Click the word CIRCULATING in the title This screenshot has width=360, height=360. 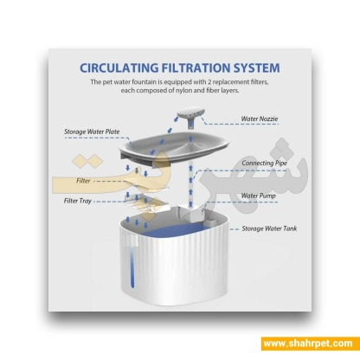point(119,68)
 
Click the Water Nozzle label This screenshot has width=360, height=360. point(260,119)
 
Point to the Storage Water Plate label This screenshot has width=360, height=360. point(92,132)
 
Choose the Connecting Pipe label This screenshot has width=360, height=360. point(264,163)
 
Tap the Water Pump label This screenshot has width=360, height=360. point(258,196)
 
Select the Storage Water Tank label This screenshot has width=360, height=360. point(269,228)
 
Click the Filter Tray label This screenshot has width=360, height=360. point(78,201)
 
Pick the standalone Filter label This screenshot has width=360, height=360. point(83,181)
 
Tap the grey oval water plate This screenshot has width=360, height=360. point(175,147)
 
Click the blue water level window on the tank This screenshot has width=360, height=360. point(132,266)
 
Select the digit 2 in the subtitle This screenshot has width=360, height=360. point(209,82)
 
